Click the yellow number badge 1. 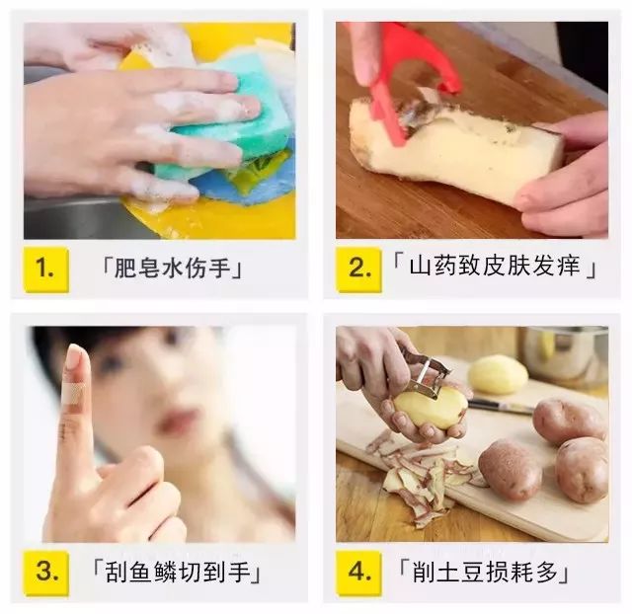(x=45, y=267)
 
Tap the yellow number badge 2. (x=357, y=267)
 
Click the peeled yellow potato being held (x=435, y=406)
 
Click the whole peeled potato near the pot (x=498, y=374)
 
